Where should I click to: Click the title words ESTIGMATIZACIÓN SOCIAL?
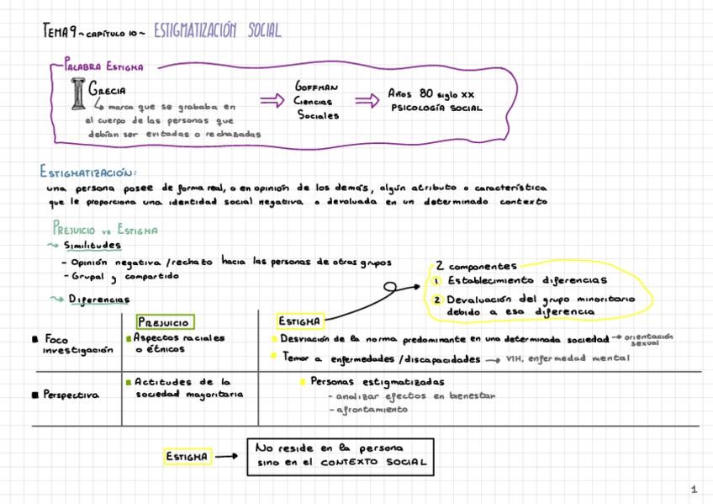217,32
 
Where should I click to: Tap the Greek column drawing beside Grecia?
79,93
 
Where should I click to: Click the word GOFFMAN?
316,87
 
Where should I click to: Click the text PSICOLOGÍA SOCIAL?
436,108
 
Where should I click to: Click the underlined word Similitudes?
92,245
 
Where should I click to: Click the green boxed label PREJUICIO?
165,321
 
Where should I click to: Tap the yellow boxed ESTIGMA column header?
298,321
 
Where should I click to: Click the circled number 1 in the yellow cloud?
438,280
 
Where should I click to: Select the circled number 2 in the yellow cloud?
438,299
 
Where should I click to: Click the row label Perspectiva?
74,394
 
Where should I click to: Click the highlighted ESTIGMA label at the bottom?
187,457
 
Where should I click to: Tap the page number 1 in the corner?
694,489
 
